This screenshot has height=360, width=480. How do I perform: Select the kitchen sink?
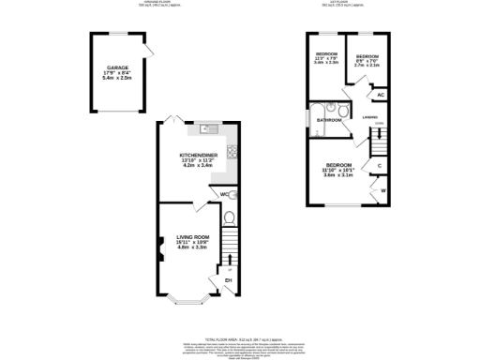[208, 128]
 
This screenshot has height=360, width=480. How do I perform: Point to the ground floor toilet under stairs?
[229, 218]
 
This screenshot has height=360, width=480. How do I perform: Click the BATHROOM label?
[328, 121]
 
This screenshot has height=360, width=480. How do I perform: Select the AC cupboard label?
[380, 95]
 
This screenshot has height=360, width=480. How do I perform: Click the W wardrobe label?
[382, 191]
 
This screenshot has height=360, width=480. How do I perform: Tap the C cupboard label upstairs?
[380, 167]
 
